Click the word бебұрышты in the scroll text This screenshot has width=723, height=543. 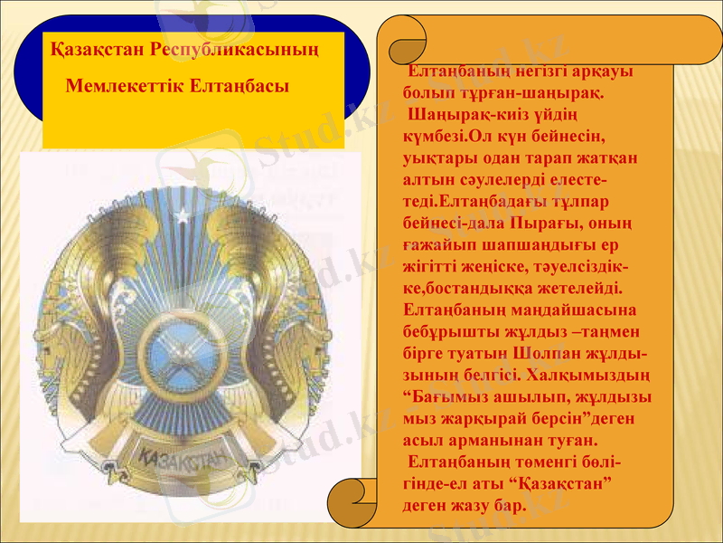448,330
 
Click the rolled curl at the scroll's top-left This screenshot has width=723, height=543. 406,40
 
